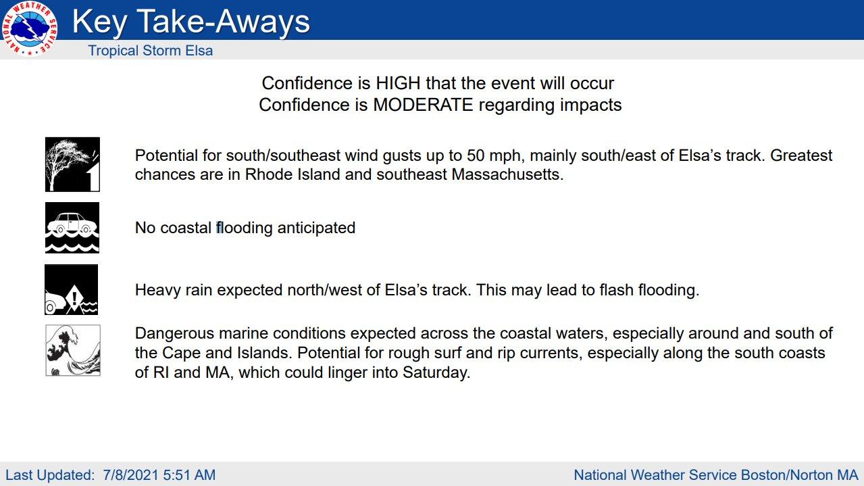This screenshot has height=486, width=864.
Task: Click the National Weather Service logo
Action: pyautogui.click(x=29, y=28)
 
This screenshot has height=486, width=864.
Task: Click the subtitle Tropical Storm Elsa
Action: pyautogui.click(x=151, y=51)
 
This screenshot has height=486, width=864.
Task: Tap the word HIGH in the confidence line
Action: pyautogui.click(x=398, y=83)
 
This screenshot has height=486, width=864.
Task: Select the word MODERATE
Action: pyautogui.click(x=423, y=105)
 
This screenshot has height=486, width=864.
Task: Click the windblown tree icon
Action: pyautogui.click(x=72, y=164)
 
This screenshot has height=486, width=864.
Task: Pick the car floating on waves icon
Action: pyautogui.click(x=72, y=228)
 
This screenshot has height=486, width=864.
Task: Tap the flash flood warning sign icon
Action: pyautogui.click(x=72, y=289)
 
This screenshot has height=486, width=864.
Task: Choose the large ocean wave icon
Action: pyautogui.click(x=73, y=350)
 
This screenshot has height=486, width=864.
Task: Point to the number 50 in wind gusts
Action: pyautogui.click(x=476, y=155)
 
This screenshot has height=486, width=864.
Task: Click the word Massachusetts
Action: pyautogui.click(x=507, y=174)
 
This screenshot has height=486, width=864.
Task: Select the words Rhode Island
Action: pyautogui.click(x=293, y=174)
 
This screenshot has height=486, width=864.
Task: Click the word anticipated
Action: pyautogui.click(x=316, y=228)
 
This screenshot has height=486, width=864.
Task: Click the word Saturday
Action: pyautogui.click(x=436, y=372)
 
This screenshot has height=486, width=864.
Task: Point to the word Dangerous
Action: pyautogui.click(x=174, y=333)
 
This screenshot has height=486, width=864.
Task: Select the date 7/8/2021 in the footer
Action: pyautogui.click(x=131, y=475)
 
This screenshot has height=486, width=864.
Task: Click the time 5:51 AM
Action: pyautogui.click(x=189, y=475)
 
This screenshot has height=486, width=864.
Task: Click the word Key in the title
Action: pyautogui.click(x=100, y=22)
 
